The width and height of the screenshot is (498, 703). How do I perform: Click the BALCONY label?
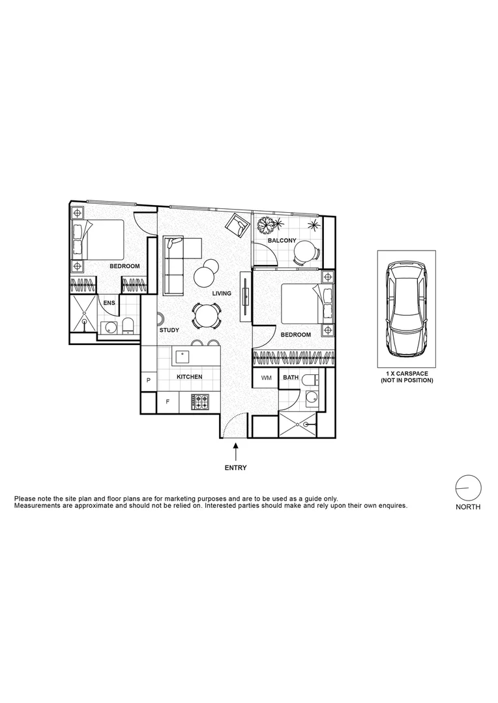click(282, 241)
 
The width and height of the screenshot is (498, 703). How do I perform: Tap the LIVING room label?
click(222, 294)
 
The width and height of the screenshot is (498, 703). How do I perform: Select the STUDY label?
click(169, 331)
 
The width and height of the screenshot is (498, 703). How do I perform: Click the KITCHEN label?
click(190, 378)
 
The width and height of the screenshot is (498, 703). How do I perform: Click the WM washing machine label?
click(266, 378)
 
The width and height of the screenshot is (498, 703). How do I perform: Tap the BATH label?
click(290, 378)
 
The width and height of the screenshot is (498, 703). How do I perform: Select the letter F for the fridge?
click(168, 402)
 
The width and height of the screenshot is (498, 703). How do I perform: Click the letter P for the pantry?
click(149, 380)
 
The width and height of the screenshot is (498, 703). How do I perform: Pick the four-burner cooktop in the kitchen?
click(200, 402)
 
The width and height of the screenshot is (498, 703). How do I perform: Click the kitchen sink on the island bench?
click(183, 356)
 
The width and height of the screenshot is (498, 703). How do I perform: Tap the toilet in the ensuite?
click(128, 326)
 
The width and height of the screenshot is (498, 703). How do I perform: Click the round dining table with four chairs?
click(205, 317)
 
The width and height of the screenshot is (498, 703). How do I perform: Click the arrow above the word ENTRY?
click(235, 450)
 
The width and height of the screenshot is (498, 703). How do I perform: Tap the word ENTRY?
click(235, 467)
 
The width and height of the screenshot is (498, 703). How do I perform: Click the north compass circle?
click(468, 488)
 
